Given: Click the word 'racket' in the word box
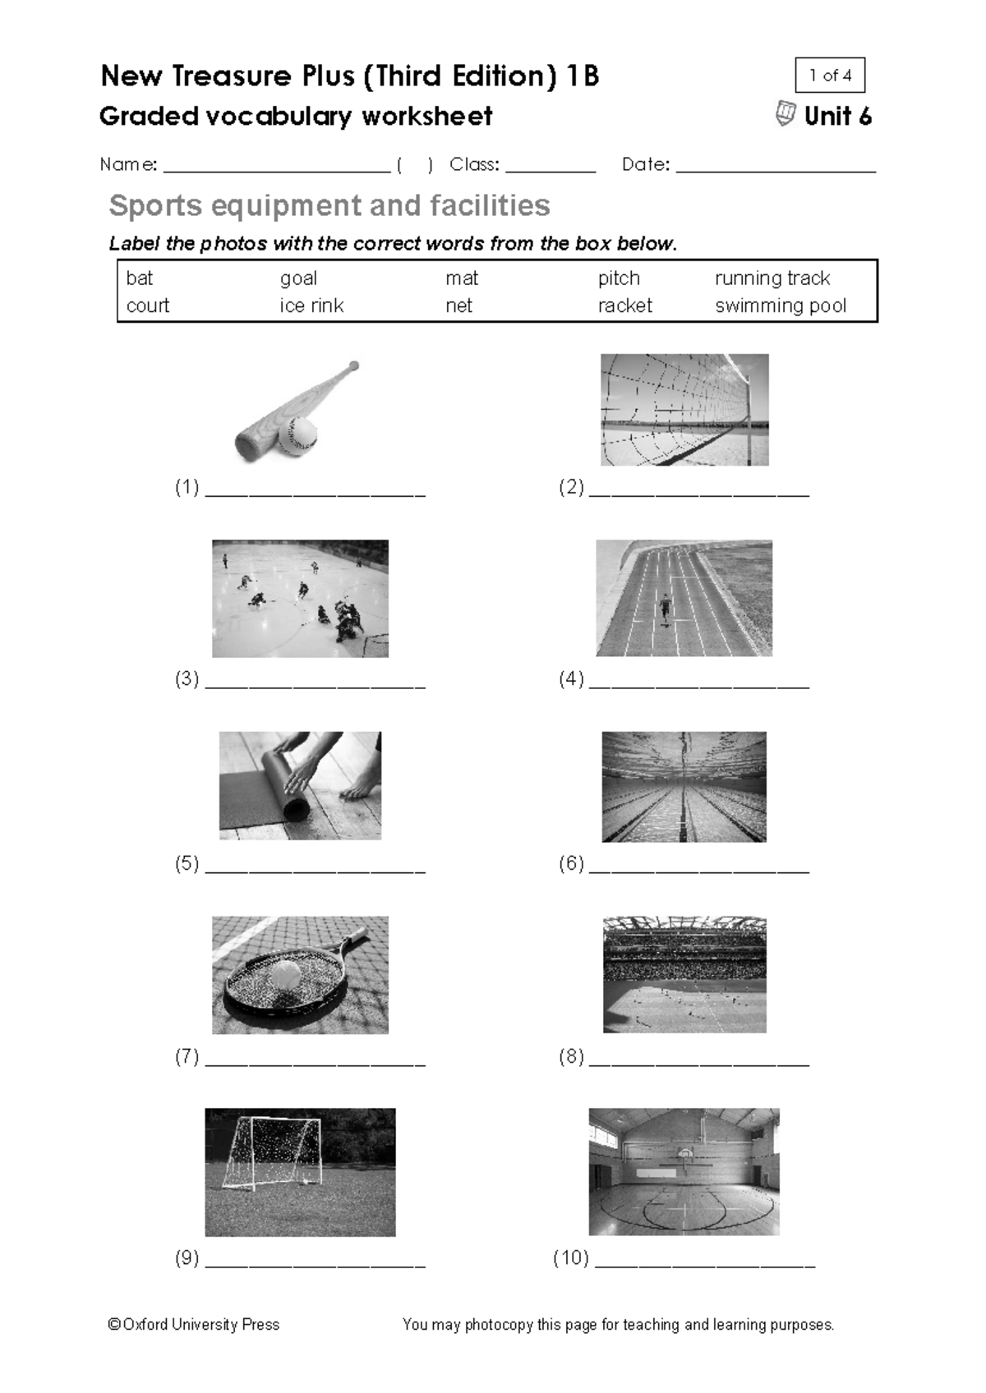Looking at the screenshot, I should pos(624,306).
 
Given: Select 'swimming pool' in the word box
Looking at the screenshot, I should pos(780,306).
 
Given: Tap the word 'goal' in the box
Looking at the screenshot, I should pos(298,278).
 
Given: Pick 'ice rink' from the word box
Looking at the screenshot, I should pos(311,306).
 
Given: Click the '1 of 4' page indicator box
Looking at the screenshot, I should pos(830,76).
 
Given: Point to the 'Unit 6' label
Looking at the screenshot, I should pos(836,117).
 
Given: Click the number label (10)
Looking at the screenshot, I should pos(570,1257).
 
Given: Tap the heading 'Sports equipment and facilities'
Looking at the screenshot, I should pos(329,205).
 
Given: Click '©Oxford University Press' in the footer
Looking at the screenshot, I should pos(194,1324).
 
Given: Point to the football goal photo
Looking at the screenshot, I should pos(300,1172).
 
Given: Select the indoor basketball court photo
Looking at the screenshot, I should pos(684,1171).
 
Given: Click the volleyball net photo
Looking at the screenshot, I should pos(684,410).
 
